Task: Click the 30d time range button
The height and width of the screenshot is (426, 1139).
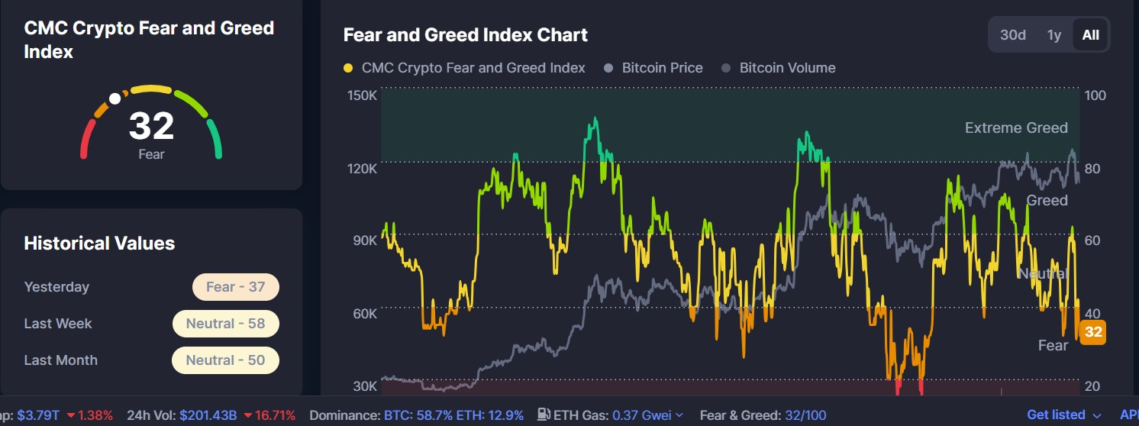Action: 1013,35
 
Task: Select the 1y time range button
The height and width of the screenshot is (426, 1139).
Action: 1054,35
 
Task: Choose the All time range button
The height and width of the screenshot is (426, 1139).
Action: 1091,35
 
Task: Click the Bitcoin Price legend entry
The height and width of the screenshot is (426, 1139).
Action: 661,68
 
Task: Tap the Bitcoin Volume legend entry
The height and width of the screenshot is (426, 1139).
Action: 786,68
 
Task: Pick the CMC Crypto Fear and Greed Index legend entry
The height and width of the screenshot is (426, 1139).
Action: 473,68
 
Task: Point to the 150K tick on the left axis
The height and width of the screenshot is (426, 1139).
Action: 362,95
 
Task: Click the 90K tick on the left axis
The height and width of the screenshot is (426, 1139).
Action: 364,240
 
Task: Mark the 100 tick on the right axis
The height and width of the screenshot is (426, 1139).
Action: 1095,95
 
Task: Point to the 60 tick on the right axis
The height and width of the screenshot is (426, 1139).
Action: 1092,240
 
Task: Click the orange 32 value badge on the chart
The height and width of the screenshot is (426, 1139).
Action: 1093,332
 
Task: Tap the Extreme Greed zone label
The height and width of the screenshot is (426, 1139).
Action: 1016,127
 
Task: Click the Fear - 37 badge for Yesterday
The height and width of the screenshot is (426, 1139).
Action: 235,287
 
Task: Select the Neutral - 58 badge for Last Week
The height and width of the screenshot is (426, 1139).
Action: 225,324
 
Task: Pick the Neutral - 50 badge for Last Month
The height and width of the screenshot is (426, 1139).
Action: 225,360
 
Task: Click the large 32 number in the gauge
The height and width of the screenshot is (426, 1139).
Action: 151,126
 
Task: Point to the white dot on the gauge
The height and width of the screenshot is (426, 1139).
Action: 115,98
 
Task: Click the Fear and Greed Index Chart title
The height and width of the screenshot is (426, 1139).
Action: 466,34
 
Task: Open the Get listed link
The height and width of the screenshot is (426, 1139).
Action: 1056,415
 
